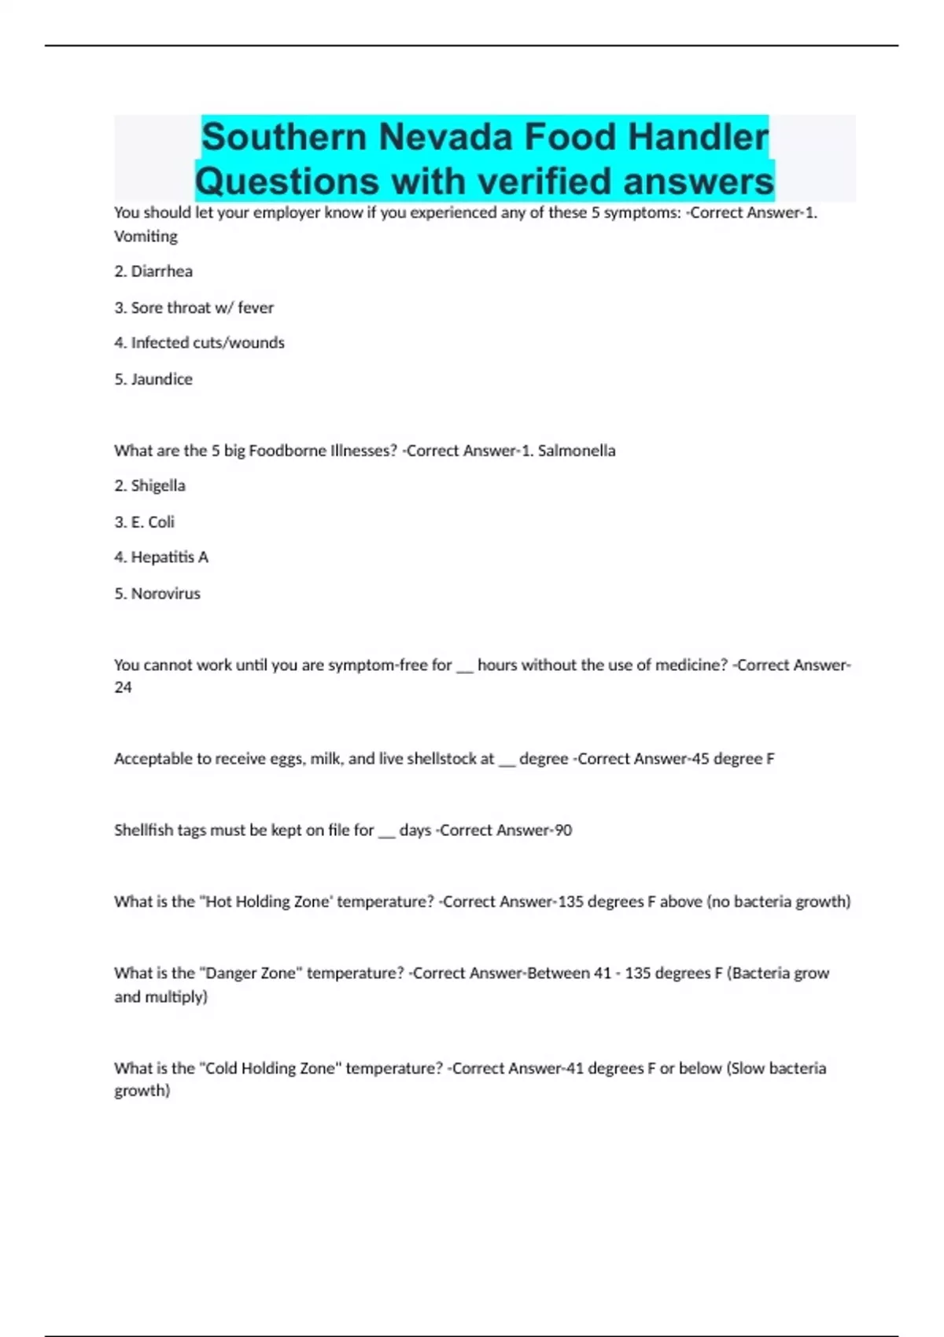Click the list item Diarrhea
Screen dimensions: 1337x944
coord(161,271)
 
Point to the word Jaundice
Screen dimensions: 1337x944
coord(161,379)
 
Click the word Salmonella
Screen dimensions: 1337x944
coord(577,451)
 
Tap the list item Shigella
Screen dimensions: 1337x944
coord(158,486)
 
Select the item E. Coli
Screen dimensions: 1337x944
coord(153,522)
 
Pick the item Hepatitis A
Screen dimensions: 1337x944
coord(169,558)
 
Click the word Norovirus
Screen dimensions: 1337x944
coord(165,594)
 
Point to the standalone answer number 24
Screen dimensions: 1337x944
coord(123,687)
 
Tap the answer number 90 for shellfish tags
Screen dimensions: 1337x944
coord(562,831)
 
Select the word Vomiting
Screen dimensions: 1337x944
coord(146,236)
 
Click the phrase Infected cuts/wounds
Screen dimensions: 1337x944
coord(208,343)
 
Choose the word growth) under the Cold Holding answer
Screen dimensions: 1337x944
coord(142,1091)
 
